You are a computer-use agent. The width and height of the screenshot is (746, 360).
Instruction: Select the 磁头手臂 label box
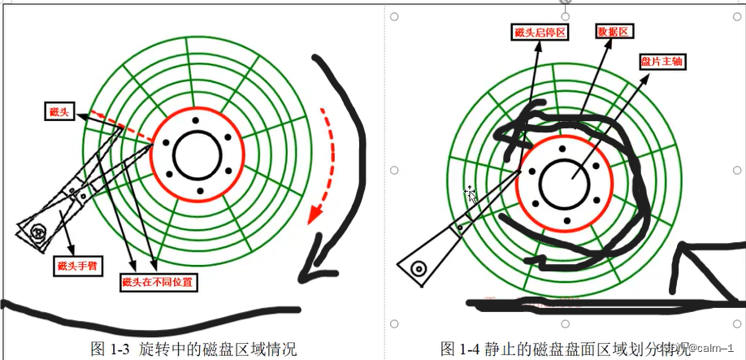pos(76,265)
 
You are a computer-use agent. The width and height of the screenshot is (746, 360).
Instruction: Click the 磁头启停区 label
pos(540,32)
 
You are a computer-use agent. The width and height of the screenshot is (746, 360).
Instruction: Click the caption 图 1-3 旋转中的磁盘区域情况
pos(193,349)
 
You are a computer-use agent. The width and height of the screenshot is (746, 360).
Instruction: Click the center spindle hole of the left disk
pos(197,154)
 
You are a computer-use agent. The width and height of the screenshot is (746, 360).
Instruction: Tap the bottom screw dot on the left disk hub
pos(199,192)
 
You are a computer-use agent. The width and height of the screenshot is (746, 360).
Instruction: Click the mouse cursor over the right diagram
pos(471,193)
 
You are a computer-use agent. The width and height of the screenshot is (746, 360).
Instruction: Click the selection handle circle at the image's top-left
pos(394,15)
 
